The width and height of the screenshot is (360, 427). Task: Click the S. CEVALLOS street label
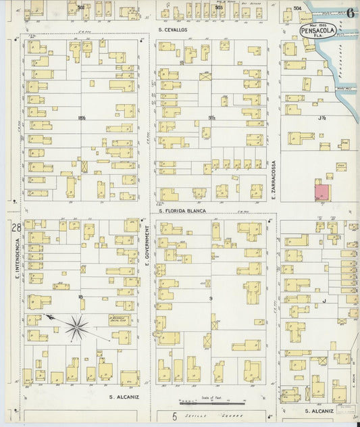point(173,30)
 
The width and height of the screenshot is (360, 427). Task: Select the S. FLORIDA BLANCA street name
point(182,210)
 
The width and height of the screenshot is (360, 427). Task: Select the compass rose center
point(78,328)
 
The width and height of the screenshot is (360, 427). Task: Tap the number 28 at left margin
point(16,228)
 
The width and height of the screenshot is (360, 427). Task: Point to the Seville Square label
point(206,416)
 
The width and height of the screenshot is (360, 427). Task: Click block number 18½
point(82,118)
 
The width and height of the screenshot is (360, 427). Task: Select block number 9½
point(212,118)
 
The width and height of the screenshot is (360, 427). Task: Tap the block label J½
point(322,117)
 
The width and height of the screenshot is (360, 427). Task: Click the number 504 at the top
point(297,8)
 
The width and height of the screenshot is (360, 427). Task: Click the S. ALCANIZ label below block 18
point(124,397)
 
